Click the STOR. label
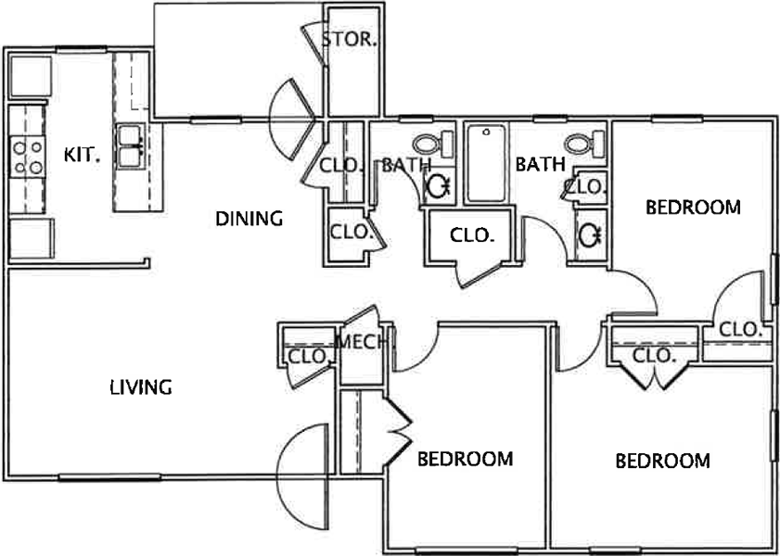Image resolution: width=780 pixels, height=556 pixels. point(349,39)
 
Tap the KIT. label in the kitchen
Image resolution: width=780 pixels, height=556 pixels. point(82,155)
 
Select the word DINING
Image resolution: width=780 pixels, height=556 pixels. point(249,218)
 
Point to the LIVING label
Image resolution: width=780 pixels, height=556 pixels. point(141,386)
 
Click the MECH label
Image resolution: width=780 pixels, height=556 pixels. point(362,342)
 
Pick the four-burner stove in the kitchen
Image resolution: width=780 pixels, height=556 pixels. point(28,157)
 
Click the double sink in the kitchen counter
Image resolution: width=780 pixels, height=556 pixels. point(132,146)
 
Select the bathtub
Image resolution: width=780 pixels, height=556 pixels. point(486,163)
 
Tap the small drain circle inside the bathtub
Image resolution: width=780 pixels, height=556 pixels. point(486,133)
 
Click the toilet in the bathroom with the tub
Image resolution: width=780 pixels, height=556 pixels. point(584,144)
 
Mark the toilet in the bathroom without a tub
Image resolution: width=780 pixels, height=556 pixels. point(433,144)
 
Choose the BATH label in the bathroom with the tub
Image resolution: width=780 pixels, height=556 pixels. point(540,163)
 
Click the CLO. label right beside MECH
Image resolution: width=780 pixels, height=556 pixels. point(309,356)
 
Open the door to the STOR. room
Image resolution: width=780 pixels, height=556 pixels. point(313,44)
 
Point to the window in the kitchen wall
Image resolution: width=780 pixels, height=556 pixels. point(81,49)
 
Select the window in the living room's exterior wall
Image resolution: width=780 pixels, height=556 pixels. point(109,477)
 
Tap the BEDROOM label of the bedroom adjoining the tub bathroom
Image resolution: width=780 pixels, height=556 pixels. point(693,207)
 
